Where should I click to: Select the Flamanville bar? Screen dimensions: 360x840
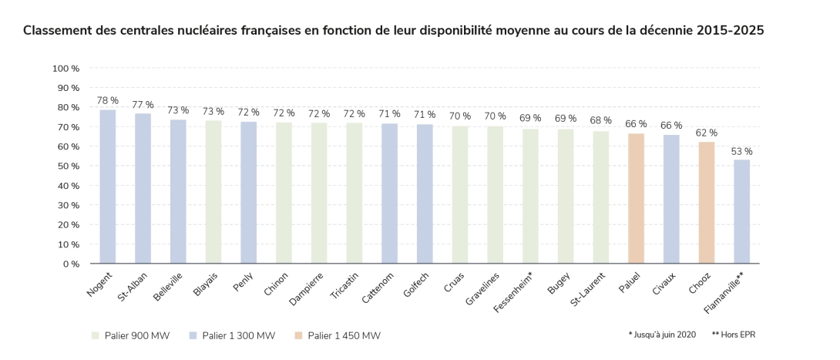coord(741,211)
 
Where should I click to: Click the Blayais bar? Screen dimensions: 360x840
coord(213,192)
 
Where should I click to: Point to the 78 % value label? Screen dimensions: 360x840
coord(108,101)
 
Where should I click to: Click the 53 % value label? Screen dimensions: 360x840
coord(741,151)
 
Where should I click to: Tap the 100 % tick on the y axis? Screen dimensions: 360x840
coord(66,69)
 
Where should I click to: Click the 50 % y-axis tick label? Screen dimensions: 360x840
coord(68,167)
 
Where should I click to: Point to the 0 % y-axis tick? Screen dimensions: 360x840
coord(70,264)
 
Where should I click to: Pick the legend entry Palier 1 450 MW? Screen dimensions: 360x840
coord(343,335)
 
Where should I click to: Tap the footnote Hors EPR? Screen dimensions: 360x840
coord(739,335)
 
